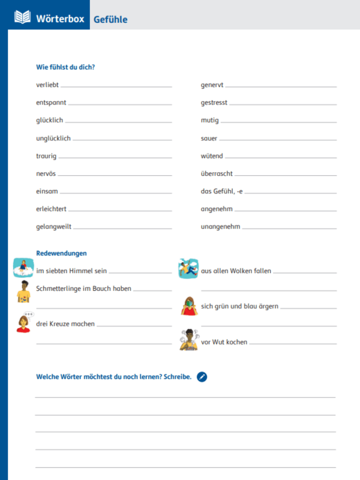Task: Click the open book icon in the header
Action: [22, 17]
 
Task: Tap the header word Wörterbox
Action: [61, 18]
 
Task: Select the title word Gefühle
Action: [110, 19]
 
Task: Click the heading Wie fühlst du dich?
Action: [65, 67]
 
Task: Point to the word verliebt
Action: [47, 85]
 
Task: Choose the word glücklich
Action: [49, 121]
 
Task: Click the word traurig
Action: [46, 156]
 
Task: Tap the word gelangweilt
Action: [53, 227]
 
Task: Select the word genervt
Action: [212, 85]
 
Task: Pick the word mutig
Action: [209, 121]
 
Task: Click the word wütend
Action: [212, 156]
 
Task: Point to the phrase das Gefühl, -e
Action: [221, 191]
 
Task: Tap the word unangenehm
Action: [220, 227]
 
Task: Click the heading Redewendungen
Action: [62, 253]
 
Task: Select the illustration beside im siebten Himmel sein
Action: [23, 267]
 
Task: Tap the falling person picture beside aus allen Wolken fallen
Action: [188, 268]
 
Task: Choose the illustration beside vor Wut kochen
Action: [189, 340]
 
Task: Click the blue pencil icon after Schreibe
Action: [202, 377]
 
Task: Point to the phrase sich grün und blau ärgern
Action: [239, 306]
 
